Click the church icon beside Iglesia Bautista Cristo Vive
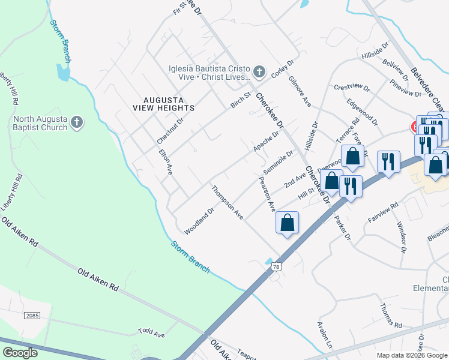(259, 73)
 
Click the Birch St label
(240, 101)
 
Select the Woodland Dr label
(199, 221)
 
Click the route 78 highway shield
(276, 266)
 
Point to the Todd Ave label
(151, 332)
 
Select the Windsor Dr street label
(402, 236)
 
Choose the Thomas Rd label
(390, 314)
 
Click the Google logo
(20, 353)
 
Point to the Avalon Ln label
(325, 336)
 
